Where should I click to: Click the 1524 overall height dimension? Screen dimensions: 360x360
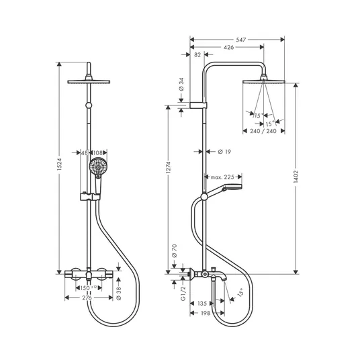(60, 164)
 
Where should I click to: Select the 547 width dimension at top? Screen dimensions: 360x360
(241, 40)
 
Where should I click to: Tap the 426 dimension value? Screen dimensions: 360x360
(228, 47)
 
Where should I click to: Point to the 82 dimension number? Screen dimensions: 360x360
(197, 54)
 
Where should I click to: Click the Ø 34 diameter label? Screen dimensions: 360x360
(181, 84)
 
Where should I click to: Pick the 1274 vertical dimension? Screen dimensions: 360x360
(169, 167)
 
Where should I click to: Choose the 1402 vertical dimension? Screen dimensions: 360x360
(296, 177)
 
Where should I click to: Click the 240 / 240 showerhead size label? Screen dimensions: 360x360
(263, 131)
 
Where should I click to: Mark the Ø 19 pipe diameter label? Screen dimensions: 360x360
(224, 152)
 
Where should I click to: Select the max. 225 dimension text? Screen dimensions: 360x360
(222, 177)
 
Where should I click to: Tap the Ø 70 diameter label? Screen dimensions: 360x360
(174, 251)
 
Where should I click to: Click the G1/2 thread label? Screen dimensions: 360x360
(183, 294)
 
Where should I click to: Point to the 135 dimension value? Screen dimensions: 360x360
(202, 304)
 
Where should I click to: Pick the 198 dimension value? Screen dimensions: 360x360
(206, 313)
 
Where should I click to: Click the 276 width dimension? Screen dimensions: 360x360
(87, 298)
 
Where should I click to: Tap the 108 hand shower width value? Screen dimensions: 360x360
(97, 152)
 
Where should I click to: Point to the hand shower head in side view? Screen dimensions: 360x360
(232, 187)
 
